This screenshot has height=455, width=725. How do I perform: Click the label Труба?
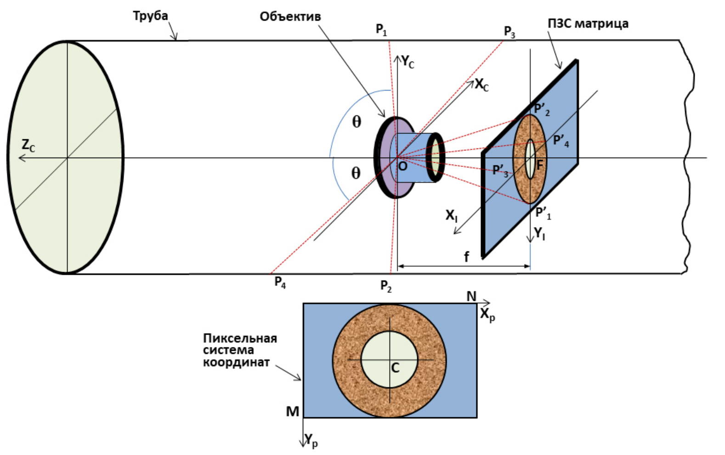pos(150,16)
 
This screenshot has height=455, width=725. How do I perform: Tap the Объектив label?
pos(290,17)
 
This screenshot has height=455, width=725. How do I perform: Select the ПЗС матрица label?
pos(588,23)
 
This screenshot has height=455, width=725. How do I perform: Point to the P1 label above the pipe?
pos(381,30)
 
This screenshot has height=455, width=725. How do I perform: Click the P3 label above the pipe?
pos(510,32)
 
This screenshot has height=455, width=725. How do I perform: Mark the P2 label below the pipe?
pos(386,286)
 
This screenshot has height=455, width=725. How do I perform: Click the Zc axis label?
pos(28,146)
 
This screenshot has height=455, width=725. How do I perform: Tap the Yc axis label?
pos(408,61)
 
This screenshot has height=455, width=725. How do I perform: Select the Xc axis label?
pos(481,85)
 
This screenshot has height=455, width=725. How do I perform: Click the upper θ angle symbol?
pos(357,122)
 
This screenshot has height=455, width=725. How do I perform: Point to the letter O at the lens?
pos(402,166)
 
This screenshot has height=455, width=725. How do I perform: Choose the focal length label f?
pos(466,256)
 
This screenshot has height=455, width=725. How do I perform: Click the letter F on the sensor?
pos(539,164)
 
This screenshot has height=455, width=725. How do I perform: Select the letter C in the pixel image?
pos(395,368)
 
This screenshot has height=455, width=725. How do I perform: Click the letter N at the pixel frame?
pos(471,296)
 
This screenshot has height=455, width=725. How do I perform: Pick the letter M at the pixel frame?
pos(292,411)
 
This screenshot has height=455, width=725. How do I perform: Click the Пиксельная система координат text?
pos(240,350)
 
